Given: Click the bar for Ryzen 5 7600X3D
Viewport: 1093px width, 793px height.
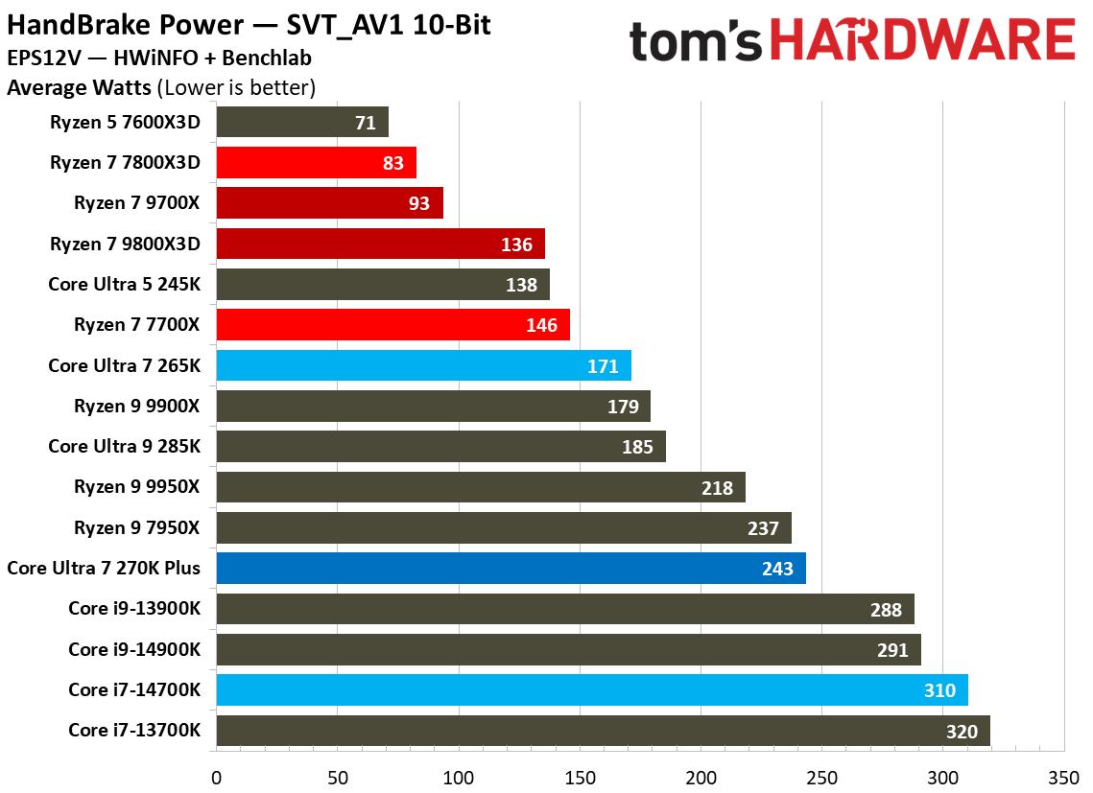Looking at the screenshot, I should (302, 122).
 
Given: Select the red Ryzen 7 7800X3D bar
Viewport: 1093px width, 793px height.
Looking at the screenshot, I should (316, 163).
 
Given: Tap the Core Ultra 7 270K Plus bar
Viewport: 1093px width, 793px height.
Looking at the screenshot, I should (511, 569).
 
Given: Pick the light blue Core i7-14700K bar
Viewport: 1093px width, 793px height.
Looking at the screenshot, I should (592, 690).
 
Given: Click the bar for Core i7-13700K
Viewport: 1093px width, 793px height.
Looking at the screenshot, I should (603, 731).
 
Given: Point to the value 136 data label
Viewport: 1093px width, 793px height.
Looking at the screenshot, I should (516, 245).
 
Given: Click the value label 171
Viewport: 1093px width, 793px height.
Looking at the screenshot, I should (603, 366).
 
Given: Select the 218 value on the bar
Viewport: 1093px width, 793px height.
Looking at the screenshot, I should (717, 488).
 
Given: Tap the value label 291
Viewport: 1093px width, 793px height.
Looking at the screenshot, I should (892, 650).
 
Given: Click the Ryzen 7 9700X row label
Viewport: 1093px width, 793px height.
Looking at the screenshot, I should (137, 203).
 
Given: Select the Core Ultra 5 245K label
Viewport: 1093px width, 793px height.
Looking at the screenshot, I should (124, 285).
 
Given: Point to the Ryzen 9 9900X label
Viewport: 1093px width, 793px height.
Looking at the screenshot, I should (137, 407).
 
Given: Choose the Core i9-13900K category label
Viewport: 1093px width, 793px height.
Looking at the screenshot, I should (134, 609).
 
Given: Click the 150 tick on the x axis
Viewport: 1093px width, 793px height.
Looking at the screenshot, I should (581, 776).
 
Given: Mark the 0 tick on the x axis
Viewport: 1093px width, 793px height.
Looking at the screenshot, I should (217, 776).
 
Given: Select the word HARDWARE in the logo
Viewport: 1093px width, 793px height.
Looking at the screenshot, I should (922, 41).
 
